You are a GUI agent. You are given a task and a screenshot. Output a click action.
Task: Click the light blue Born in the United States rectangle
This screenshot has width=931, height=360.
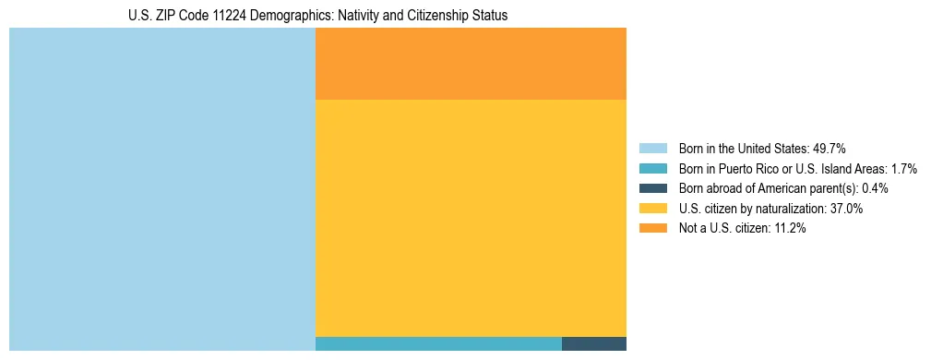pos(162,188)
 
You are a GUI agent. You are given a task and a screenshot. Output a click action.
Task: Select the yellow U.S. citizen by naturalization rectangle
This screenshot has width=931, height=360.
pos(471,218)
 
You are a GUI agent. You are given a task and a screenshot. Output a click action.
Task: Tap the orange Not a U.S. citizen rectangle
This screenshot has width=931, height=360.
pos(471,63)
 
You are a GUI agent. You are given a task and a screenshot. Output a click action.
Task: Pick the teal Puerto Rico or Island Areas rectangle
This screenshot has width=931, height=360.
pos(438,343)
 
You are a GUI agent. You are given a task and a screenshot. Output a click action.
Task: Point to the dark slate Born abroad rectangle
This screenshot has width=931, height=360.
pos(594,343)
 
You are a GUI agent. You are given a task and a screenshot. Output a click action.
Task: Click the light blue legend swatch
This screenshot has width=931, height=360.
pos(652,149)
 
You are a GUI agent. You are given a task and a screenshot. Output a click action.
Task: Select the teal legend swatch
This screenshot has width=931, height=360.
pos(652,169)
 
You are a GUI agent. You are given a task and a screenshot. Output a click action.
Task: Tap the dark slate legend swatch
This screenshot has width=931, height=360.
pos(652,188)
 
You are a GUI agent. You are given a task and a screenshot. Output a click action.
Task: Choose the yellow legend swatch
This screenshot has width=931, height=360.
pos(652,209)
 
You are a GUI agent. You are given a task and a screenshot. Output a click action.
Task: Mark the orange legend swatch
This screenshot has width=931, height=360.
pos(652,229)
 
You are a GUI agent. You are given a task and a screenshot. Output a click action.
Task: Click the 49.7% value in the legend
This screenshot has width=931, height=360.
pos(829,149)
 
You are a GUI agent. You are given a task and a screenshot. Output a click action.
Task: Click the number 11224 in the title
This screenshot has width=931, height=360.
pos(229,16)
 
